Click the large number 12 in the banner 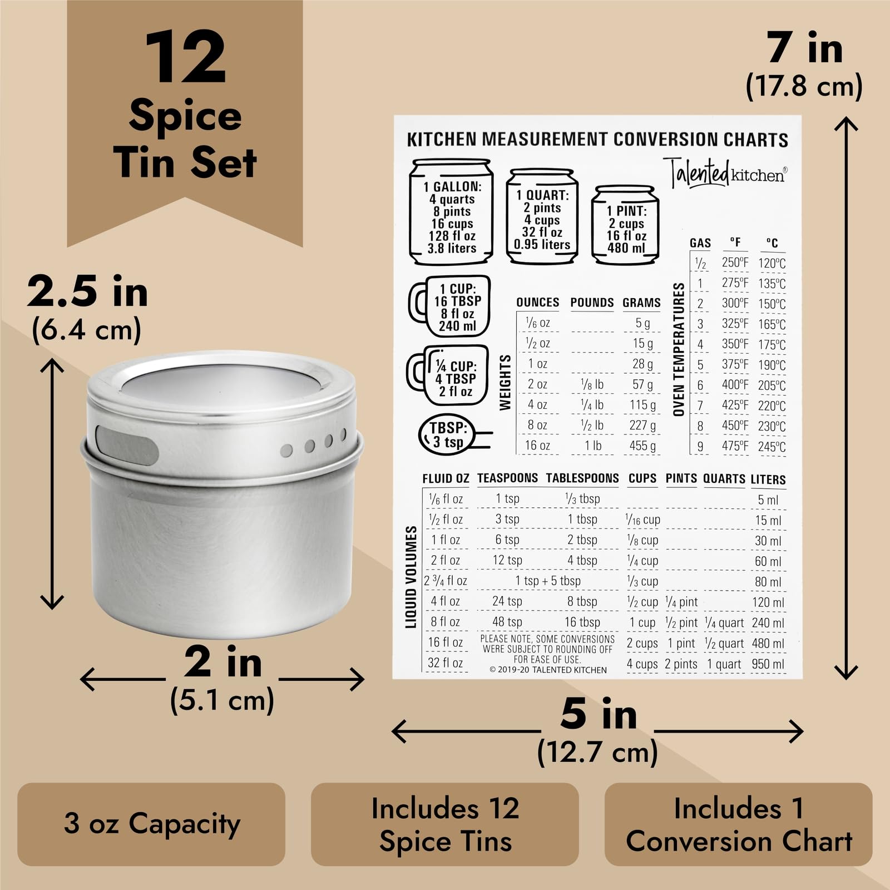(x=185, y=58)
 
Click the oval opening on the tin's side (x=127, y=444)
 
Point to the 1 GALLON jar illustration (x=451, y=212)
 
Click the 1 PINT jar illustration (x=625, y=225)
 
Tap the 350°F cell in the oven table (x=735, y=344)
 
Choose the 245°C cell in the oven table (x=772, y=447)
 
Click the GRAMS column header (x=641, y=303)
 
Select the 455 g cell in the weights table (x=642, y=446)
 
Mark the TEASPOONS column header (x=507, y=478)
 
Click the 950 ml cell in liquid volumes (x=768, y=664)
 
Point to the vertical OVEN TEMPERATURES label (x=679, y=349)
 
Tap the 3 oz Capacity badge (x=151, y=824)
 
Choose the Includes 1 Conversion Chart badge (x=738, y=824)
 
